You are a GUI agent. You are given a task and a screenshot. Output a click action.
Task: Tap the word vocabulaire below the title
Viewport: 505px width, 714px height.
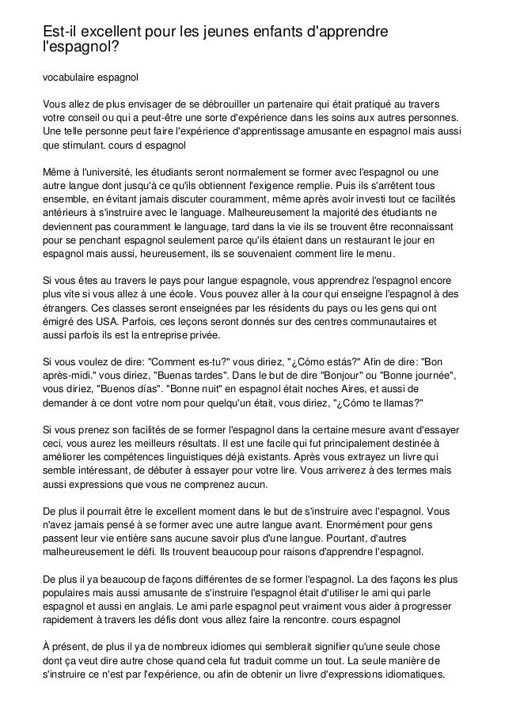tap(68, 78)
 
